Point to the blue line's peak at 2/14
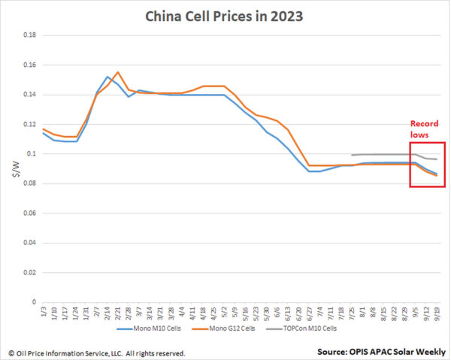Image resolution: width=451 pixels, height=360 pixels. (107, 77)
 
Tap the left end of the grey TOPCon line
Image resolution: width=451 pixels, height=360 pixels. (352, 155)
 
